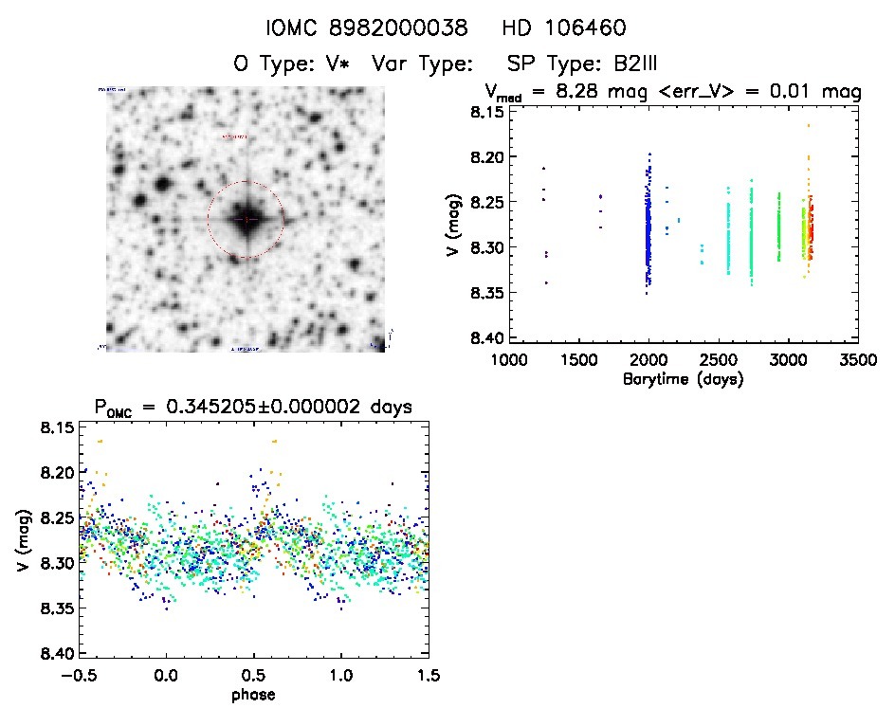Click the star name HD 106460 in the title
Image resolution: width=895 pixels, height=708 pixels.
click(564, 29)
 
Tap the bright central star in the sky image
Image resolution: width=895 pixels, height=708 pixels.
click(246, 219)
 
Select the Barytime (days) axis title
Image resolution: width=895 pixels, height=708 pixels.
click(683, 379)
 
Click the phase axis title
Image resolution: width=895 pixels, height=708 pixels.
click(253, 695)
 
